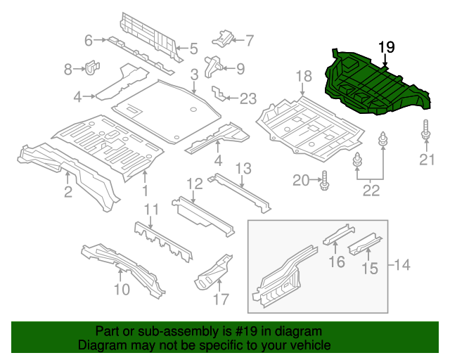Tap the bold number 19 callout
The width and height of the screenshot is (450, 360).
coord(386,48)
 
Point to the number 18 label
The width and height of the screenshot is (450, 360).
coord(302,76)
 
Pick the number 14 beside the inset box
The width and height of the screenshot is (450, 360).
coord(403,265)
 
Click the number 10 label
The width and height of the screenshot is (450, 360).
coord(121,289)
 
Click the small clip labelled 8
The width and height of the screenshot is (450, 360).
coord(91,68)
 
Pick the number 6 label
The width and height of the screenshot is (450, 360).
coord(89,41)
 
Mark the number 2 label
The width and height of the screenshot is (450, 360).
coord(67,192)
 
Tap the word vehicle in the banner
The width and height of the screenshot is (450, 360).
coord(310,345)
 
